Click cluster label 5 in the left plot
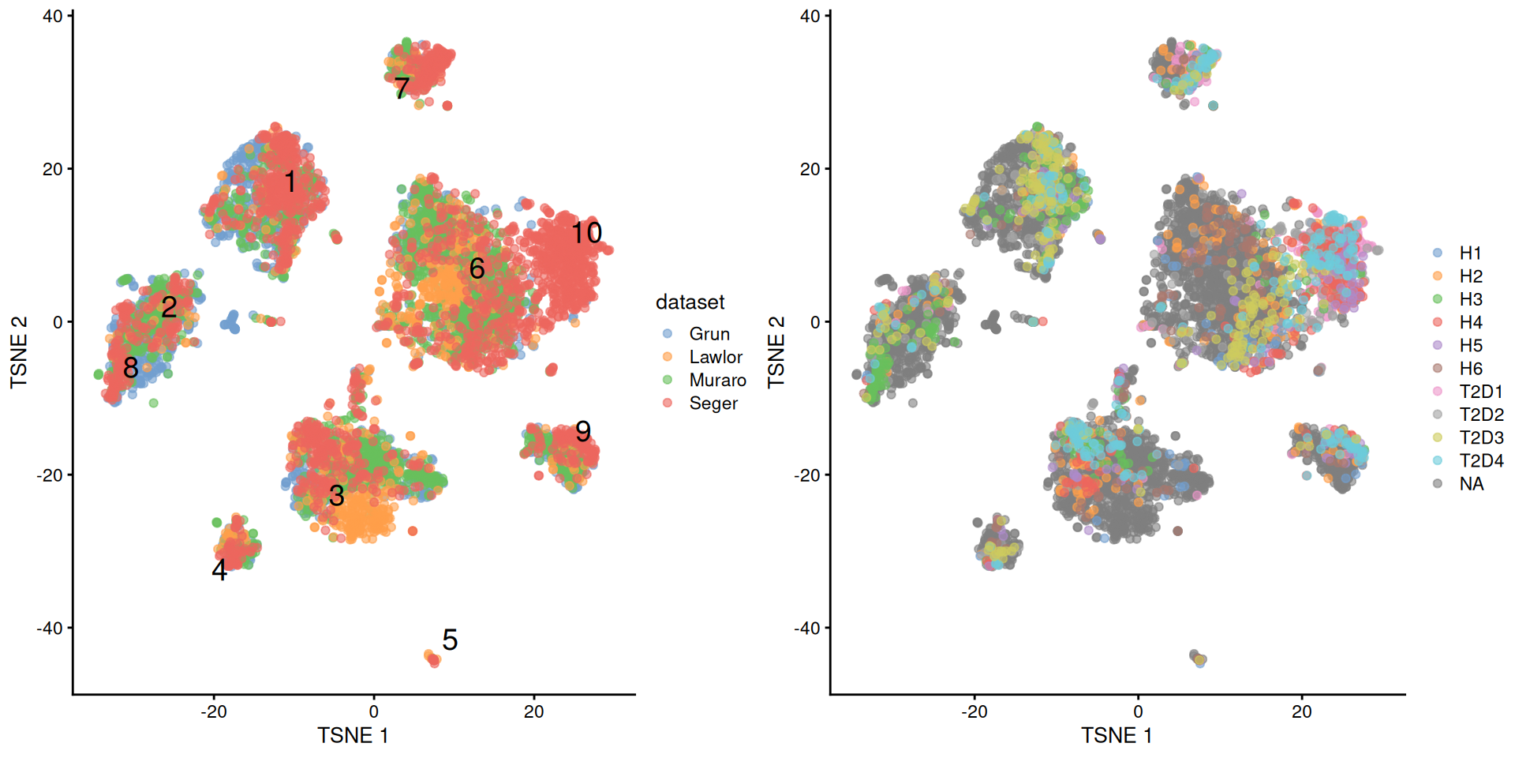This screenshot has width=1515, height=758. tap(450, 640)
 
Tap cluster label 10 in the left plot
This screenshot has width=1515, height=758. tap(586, 233)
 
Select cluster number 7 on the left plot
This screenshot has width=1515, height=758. tap(402, 88)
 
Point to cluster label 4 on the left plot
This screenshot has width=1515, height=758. tap(219, 570)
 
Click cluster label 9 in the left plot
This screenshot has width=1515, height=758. tap(583, 431)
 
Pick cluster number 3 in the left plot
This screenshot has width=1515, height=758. tap(337, 496)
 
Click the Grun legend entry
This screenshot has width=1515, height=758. tap(709, 334)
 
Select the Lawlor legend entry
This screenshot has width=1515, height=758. tap(715, 357)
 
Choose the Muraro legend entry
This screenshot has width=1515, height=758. tap(716, 380)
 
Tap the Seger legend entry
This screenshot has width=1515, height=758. tap(713, 403)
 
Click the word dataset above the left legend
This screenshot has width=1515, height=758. tap(690, 302)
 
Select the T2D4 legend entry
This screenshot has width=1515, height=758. tap(1480, 460)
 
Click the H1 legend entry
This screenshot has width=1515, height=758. tap(1469, 253)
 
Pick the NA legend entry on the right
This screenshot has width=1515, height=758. tap(1471, 484)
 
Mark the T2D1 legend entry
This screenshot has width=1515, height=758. tap(1480, 392)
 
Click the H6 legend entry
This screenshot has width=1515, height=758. tap(1470, 369)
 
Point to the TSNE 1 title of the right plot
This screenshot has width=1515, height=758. tap(1117, 736)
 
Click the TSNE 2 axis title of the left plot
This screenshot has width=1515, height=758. tap(19, 352)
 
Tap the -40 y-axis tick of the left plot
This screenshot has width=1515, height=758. tap(50, 629)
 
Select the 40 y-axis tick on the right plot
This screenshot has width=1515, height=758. tap(810, 17)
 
